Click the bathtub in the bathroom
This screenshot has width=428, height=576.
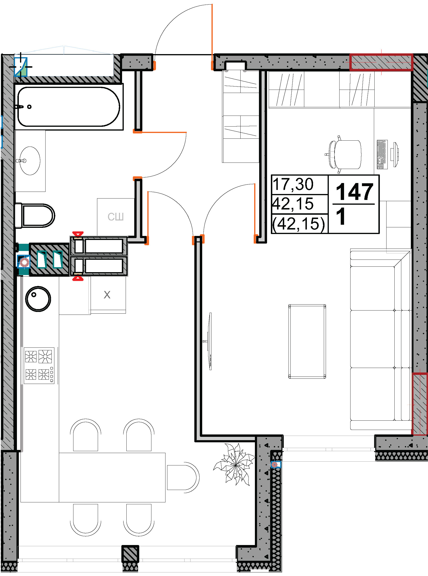(69, 107)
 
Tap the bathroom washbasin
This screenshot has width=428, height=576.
(30, 161)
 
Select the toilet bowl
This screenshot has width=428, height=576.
(35, 216)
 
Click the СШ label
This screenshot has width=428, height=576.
(116, 217)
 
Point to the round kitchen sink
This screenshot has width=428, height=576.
(38, 299)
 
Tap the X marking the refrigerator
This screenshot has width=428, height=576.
(107, 295)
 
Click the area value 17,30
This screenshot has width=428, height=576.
(293, 184)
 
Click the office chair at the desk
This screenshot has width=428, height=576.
(343, 154)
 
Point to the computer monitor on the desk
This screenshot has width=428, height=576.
(396, 154)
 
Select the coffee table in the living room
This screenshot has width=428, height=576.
(307, 342)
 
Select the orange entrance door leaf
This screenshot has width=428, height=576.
(212, 37)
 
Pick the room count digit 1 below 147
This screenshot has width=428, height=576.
(341, 216)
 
